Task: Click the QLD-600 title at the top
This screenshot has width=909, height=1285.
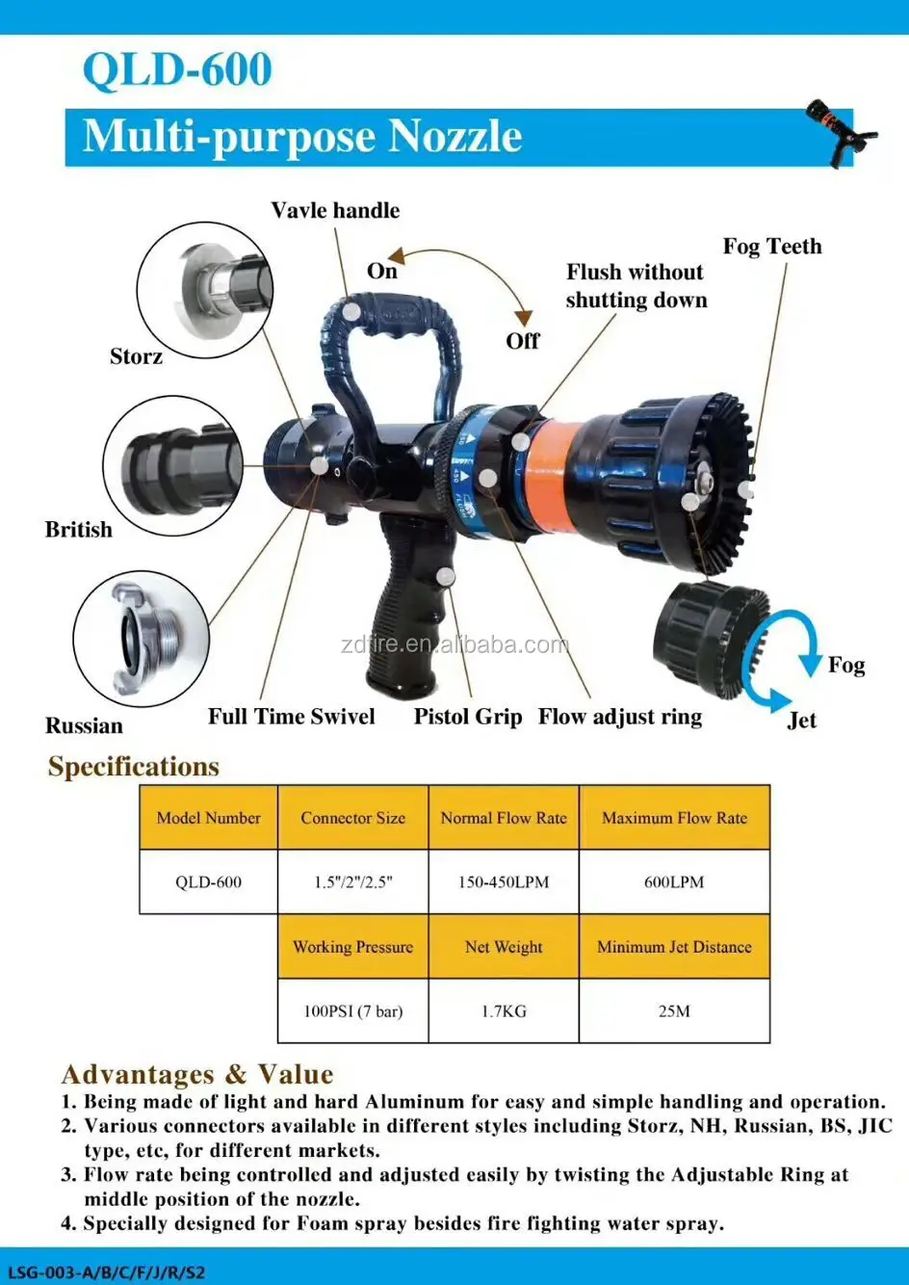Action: pos(177,70)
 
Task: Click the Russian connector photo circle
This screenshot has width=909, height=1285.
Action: pos(142,638)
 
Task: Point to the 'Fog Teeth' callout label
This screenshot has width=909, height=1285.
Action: pos(772,247)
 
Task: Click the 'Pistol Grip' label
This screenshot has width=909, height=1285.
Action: pos(468,717)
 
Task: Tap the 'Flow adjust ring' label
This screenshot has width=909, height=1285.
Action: pos(620,717)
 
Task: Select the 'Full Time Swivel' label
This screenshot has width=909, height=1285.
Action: pos(291,717)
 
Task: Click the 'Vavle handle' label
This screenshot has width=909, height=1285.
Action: pos(335,211)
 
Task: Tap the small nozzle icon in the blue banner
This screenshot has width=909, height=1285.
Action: pos(841,133)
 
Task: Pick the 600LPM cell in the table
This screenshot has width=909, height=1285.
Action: pos(674,881)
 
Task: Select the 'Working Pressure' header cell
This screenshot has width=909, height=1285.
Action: pos(352,947)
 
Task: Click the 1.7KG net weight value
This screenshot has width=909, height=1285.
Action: pos(504,1011)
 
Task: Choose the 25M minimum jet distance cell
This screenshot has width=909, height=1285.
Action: pos(674,1011)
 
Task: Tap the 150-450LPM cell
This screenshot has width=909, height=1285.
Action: pos(504,881)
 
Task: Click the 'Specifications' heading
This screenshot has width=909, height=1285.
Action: pos(134,767)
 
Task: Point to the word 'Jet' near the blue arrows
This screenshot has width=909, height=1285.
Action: pos(801,721)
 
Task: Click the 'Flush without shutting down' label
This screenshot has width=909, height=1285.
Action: pos(636,286)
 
